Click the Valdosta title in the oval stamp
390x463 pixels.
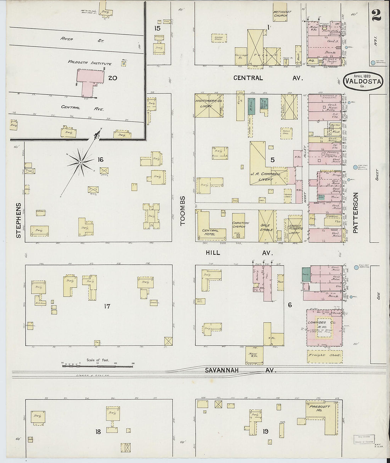click(x=363, y=81)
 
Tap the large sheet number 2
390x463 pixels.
click(x=376, y=15)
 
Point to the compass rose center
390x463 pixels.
click(x=81, y=162)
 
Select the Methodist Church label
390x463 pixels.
click(x=282, y=14)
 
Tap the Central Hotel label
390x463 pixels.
click(x=210, y=232)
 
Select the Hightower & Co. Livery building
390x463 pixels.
click(x=209, y=105)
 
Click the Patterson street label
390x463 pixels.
click(x=356, y=213)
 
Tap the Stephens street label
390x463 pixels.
click(x=19, y=220)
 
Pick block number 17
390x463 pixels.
click(x=107, y=306)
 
